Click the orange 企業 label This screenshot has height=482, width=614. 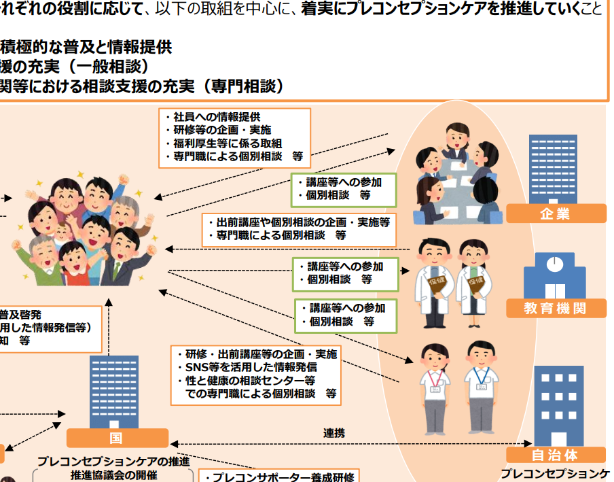pyautogui.click(x=556, y=214)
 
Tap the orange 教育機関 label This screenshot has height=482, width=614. pyautogui.click(x=556, y=309)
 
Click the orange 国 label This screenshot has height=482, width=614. pyautogui.click(x=116, y=438)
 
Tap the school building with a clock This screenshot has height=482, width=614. pyautogui.click(x=554, y=273)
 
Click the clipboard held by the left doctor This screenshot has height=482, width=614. pyautogui.click(x=437, y=281)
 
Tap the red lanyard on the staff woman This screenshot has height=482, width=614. pyautogui.click(x=435, y=378)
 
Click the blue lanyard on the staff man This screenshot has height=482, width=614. pyautogui.click(x=482, y=376)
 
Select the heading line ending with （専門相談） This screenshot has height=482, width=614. pyautogui.click(x=143, y=86)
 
